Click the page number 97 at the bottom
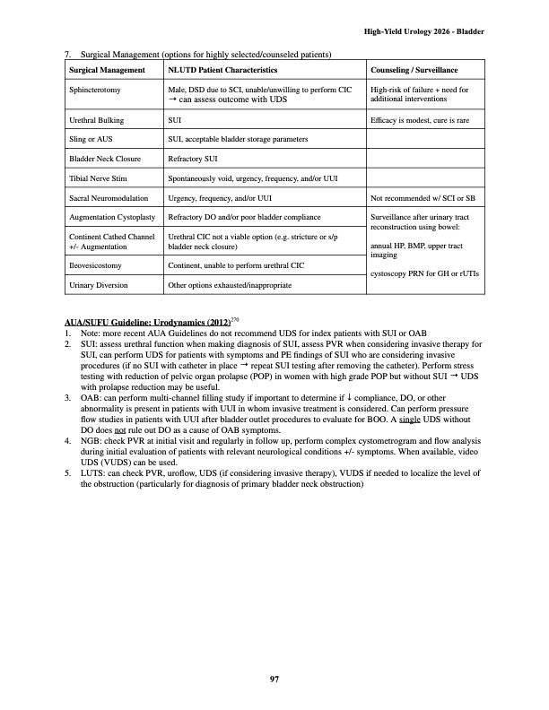pos(274,679)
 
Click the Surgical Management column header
pos(107,70)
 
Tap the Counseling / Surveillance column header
pos(414,70)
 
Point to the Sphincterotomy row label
pos(95,91)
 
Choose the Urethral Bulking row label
pos(96,119)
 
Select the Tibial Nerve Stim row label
pos(97,177)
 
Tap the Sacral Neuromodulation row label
pos(107,197)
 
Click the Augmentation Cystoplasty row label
pos(112,217)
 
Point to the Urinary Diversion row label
pos(98,285)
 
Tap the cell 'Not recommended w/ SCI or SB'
pos(422,197)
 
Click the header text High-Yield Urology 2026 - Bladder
pos(424,31)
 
